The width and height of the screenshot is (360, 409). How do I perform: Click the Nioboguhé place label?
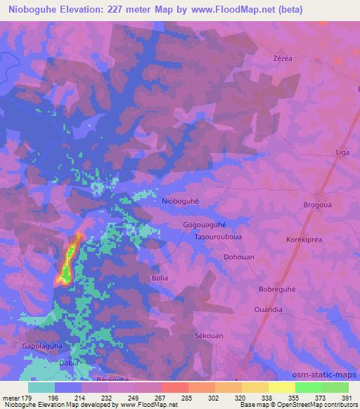181,201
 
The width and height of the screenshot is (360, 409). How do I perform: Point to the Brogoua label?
318,204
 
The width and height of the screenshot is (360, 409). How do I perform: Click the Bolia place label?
160,278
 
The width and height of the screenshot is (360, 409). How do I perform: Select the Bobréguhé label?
278,290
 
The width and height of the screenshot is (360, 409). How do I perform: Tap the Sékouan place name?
208,337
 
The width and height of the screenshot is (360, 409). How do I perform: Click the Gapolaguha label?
43,346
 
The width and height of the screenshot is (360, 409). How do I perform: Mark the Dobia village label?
69,363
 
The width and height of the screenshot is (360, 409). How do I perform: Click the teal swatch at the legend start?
41,387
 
